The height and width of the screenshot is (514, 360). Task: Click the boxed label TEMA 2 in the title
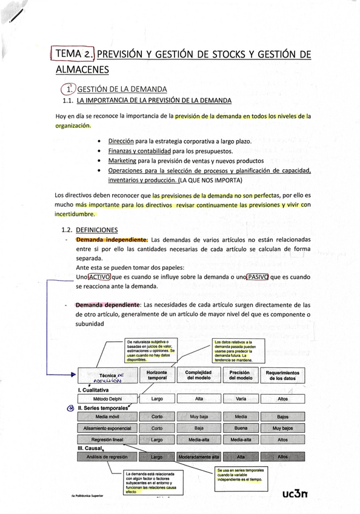[73, 54]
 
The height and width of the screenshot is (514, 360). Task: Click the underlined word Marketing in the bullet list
[122, 161]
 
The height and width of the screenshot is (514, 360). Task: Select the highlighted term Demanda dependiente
[109, 305]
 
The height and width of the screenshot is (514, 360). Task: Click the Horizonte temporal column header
[156, 376]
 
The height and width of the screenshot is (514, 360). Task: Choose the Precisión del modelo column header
[240, 376]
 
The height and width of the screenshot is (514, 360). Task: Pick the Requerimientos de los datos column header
[282, 376]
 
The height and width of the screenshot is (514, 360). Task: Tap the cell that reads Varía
[240, 399]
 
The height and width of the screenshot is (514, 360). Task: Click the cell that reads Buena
[240, 428]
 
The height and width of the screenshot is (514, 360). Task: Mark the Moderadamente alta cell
[198, 457]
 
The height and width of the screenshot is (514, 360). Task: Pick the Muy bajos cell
[282, 428]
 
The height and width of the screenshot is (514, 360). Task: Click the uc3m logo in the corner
[295, 495]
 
